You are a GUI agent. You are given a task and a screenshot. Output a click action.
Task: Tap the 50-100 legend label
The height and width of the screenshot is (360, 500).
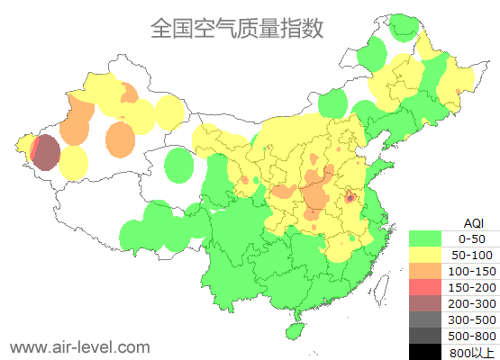(471, 255)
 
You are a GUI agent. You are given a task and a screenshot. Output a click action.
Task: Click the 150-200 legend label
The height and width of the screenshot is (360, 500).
(471, 287)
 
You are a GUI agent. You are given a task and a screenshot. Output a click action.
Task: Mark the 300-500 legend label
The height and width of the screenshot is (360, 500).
(471, 319)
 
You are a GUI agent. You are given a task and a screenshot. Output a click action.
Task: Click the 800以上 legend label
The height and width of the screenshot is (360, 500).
(471, 352)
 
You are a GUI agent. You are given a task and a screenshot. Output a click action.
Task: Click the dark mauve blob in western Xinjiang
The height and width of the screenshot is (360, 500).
(47, 152)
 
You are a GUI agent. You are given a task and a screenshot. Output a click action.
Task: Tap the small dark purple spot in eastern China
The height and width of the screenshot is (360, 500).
(350, 195)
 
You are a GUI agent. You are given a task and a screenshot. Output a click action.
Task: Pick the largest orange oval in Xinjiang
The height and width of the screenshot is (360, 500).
(120, 139)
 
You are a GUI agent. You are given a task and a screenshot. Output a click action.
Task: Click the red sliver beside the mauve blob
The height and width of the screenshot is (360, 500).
(33, 148)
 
